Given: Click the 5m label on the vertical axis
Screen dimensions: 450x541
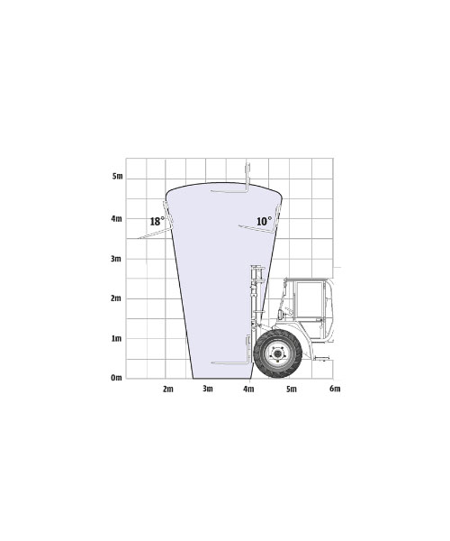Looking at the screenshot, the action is pos(117,177).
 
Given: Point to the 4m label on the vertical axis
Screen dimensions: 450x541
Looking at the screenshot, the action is pos(116,219).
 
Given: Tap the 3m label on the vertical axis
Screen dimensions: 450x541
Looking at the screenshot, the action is pos(116,259).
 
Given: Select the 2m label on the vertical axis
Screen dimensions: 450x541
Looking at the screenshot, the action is pos(116,298).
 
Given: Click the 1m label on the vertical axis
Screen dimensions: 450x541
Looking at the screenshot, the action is pos(116,338).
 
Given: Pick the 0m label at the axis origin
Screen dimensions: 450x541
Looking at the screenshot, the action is pos(116,378).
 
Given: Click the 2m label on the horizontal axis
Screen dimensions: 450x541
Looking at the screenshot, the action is pos(168,389).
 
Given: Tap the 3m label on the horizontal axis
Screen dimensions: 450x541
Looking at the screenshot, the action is pos(208,389).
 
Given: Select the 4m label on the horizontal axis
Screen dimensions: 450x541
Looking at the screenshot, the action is pos(248,389).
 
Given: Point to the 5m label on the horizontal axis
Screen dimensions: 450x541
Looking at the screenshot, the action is pos(292,389).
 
